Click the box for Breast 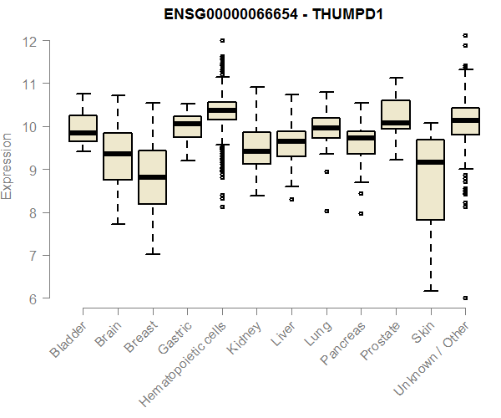[153, 177]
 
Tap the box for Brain [118, 156]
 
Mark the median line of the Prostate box [395, 123]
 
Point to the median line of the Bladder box [83, 133]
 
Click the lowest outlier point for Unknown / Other [465, 298]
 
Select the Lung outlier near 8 [326, 212]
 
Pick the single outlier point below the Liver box [291, 199]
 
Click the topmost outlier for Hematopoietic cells [222, 40]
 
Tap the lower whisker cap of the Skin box [430, 291]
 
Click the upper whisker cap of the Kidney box [257, 87]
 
